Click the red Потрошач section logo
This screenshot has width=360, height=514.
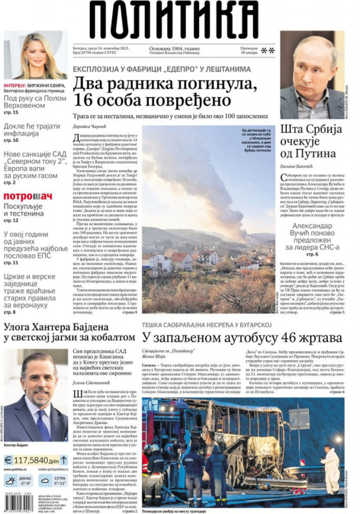pos(28,196)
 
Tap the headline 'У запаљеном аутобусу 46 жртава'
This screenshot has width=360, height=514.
pos(242,337)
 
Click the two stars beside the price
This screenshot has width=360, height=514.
pos(268,51)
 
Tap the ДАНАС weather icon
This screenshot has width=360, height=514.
pos(11,480)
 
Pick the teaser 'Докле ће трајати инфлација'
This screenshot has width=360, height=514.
pos(32,130)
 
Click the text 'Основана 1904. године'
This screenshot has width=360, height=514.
pos(174,49)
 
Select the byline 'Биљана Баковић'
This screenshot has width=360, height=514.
pos(295,166)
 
